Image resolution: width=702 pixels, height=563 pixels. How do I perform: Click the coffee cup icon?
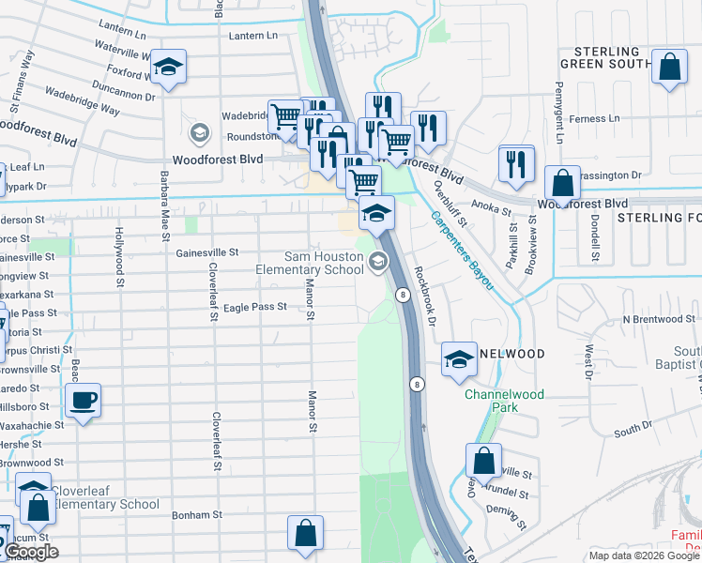[x=83, y=402]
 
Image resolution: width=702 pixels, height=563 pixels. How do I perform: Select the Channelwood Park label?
[x=504, y=402]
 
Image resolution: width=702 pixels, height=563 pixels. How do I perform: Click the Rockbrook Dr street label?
[x=427, y=295]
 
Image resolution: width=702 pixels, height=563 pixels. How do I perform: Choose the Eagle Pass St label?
[x=254, y=307]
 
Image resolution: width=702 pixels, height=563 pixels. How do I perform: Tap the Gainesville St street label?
[x=207, y=252]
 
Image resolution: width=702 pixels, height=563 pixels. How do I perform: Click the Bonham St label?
[x=197, y=515]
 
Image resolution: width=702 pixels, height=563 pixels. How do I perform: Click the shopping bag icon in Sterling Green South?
[x=668, y=67]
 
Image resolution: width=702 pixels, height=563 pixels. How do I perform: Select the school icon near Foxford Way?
[x=169, y=67]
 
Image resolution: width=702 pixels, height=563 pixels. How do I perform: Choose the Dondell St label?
[x=595, y=238]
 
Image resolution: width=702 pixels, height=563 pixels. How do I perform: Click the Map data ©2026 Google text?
[x=644, y=555]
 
